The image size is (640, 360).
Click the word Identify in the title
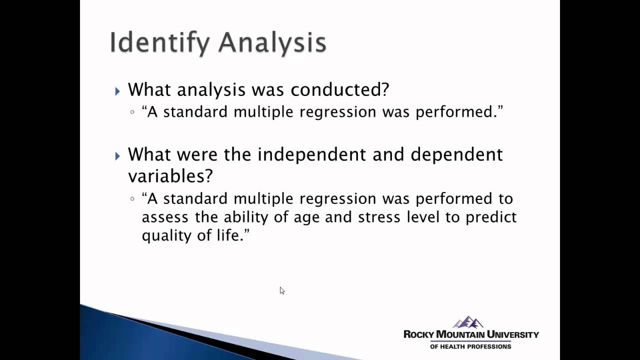pos(159,43)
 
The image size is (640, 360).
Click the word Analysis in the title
pos(272,43)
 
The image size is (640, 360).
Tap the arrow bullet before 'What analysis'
pos(117,91)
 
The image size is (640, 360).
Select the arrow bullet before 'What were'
pos(117,156)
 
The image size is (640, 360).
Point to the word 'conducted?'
pos(340,89)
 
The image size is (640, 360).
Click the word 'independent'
pos(312,154)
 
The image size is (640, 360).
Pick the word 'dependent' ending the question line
pos(456,154)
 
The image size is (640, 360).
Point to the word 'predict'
pos(491,217)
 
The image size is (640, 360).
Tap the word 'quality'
pos(166,236)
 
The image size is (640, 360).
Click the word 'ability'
pos(246,217)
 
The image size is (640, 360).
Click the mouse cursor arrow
pos(282,290)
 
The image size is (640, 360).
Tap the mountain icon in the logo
pos(468,322)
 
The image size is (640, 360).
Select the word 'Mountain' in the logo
pos(460,334)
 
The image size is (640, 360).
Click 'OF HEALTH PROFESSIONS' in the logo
pos(470,346)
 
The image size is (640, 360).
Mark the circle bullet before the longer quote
pos(132,198)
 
